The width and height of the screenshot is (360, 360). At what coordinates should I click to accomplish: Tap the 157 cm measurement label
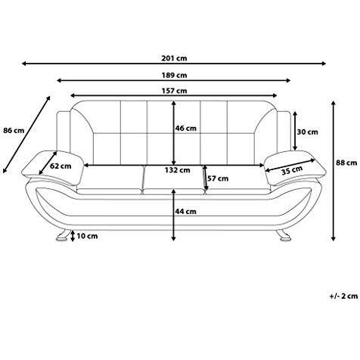pos(175,91)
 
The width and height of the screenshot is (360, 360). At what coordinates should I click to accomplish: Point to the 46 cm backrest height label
pos(186,129)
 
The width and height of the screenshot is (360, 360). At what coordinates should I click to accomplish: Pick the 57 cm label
pos(219,178)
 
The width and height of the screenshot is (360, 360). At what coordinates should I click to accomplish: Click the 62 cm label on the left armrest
pos(61,166)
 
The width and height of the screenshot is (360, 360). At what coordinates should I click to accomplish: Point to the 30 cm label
pos(307,132)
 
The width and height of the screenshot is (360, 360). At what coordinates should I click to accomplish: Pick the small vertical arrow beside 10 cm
pos(73,236)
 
